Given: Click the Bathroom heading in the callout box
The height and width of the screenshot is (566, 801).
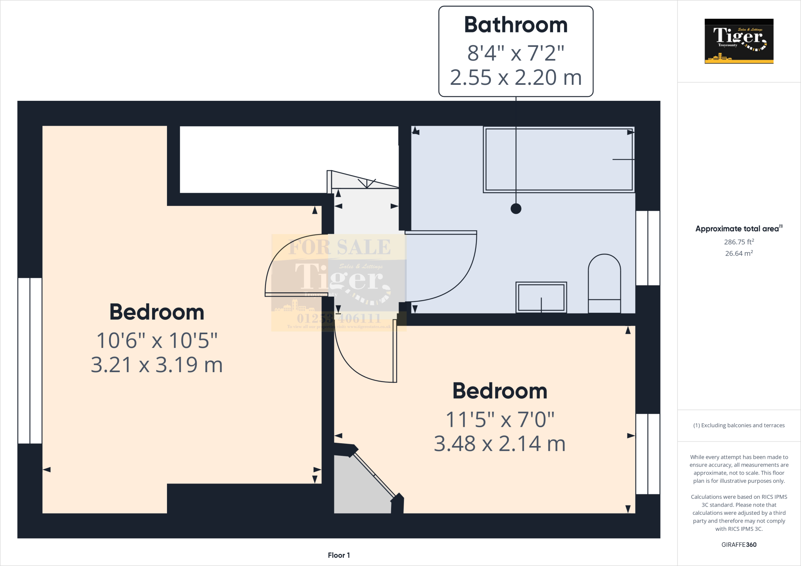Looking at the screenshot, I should pos(515,25).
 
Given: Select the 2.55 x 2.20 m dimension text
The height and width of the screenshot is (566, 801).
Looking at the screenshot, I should pos(515,77).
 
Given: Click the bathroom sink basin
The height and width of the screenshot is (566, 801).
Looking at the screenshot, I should pos(541,297).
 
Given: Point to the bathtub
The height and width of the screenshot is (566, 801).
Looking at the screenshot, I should pos(559,159).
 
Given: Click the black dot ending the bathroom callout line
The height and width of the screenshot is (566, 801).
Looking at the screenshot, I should pos(516,209).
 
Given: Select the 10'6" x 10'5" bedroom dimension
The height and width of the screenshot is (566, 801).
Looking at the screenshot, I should pos(157,340).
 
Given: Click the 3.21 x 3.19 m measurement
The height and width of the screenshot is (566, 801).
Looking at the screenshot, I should pos(157,365).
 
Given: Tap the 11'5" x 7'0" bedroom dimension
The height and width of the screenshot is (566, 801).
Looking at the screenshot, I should pos(500,420).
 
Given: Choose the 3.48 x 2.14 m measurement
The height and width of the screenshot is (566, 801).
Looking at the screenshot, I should pos(500,444).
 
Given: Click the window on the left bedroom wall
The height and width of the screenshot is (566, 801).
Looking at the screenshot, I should pos(30,360).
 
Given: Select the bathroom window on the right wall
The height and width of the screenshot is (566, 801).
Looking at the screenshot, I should pos(648,248).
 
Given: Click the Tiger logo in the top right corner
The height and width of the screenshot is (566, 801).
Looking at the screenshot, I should pos(739,41).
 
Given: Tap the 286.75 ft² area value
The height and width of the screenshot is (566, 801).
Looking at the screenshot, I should pos(739,242).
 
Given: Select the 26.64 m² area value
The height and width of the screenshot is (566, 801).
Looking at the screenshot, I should pos(739,253).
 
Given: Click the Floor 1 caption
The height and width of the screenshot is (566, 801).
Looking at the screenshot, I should pos(339,555).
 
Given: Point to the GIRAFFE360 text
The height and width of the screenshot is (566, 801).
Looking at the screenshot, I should pos(739,545).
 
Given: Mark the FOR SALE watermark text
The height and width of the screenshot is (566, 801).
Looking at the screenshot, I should pos(339,247).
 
